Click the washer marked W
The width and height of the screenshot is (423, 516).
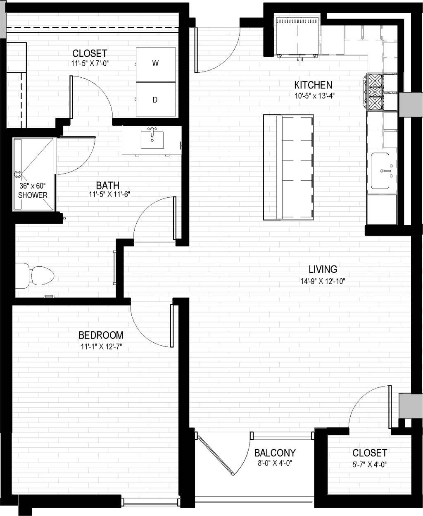[x=155, y=64]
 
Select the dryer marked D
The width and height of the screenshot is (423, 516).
[x=155, y=100]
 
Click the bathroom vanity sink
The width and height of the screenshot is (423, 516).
[x=152, y=139]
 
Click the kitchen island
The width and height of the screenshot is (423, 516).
[x=288, y=167]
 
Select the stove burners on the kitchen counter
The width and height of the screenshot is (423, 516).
[x=375, y=91]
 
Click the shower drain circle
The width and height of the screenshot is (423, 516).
[x=18, y=174]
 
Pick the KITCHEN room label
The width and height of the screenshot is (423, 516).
[x=313, y=85]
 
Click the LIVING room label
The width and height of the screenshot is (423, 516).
[x=323, y=269]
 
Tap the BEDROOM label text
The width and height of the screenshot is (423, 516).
[x=101, y=335]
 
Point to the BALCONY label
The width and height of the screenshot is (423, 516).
[x=275, y=453]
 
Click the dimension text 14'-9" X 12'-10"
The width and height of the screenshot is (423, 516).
[x=323, y=282]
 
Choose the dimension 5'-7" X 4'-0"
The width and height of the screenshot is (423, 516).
[x=369, y=464]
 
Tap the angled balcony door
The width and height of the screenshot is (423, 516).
[x=216, y=454]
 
